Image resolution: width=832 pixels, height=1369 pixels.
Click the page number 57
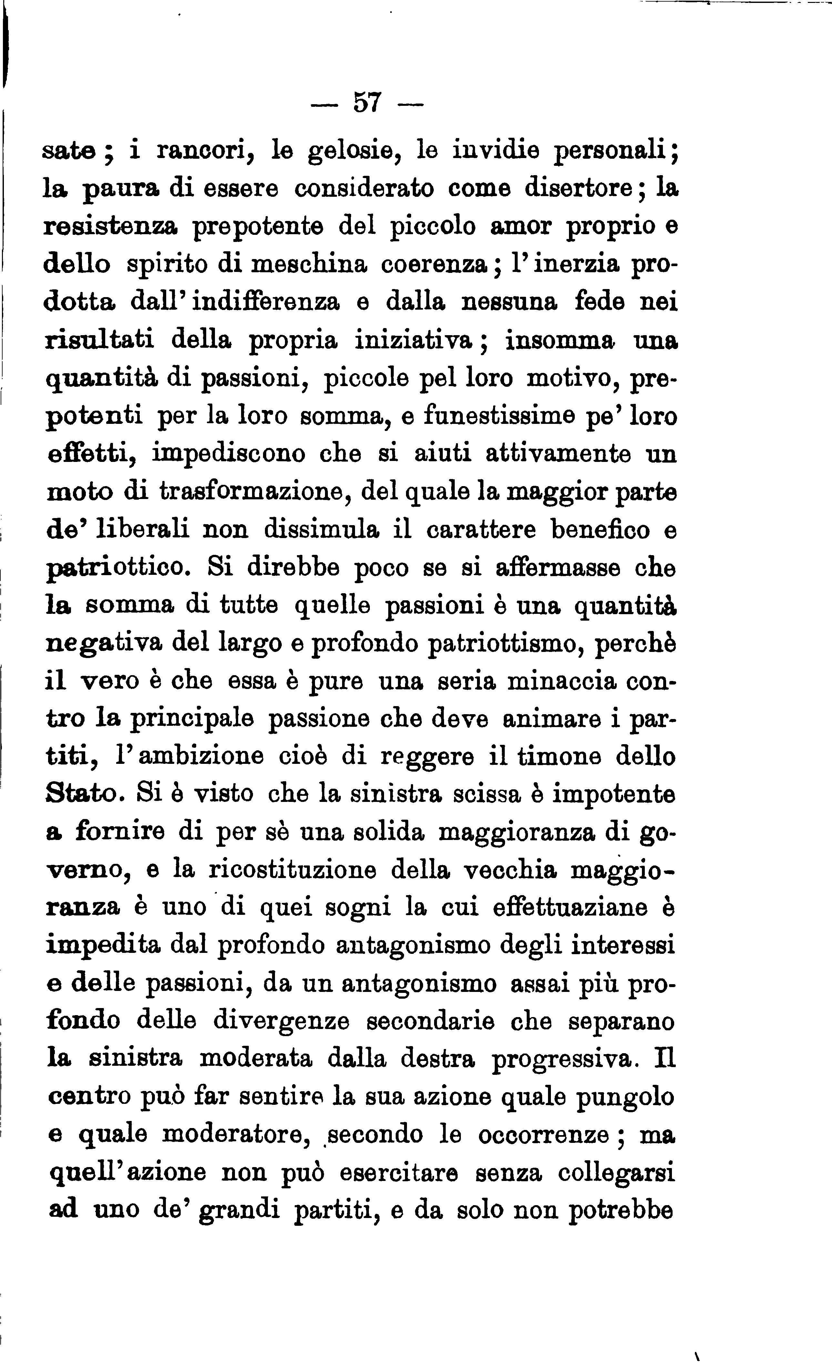click(x=367, y=103)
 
